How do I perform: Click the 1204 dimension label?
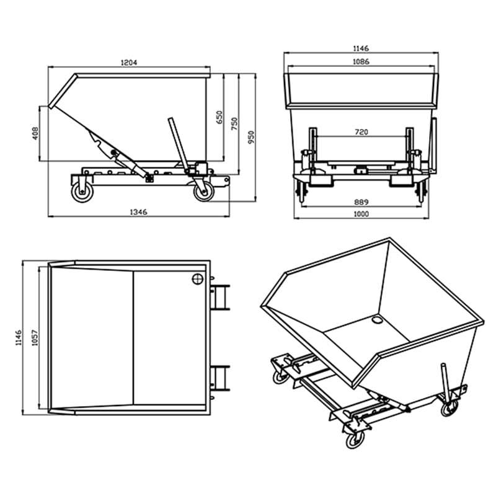pos(129,62)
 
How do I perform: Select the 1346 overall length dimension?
pos(139,212)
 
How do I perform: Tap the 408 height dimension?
pos(35,133)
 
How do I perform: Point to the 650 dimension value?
pos(218,118)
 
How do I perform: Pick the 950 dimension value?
pos(250,136)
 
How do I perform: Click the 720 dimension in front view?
pos(361,132)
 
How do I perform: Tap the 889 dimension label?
pos(361,202)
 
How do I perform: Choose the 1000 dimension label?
pos(361,214)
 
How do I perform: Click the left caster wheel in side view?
pos(81,193)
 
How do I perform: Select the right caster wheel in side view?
pos(202,192)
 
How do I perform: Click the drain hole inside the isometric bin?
pos(376,321)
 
